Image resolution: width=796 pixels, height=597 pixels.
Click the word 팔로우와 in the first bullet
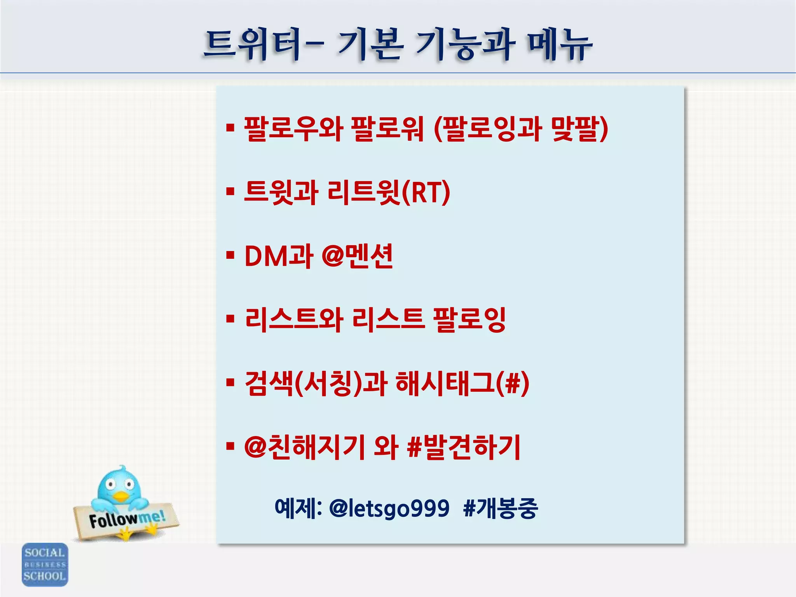click(x=293, y=129)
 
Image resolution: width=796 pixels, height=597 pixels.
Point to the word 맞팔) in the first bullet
click(x=579, y=129)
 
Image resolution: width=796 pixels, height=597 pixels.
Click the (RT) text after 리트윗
click(x=426, y=192)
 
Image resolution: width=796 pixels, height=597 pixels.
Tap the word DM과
click(x=279, y=256)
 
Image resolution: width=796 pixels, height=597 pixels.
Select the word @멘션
click(x=358, y=256)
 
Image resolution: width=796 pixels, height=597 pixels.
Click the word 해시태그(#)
click(x=462, y=384)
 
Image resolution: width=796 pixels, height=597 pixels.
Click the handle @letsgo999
click(x=389, y=508)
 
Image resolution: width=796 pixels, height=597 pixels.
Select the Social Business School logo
click(x=45, y=564)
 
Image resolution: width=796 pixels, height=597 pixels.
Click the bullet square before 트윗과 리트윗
click(x=230, y=192)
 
